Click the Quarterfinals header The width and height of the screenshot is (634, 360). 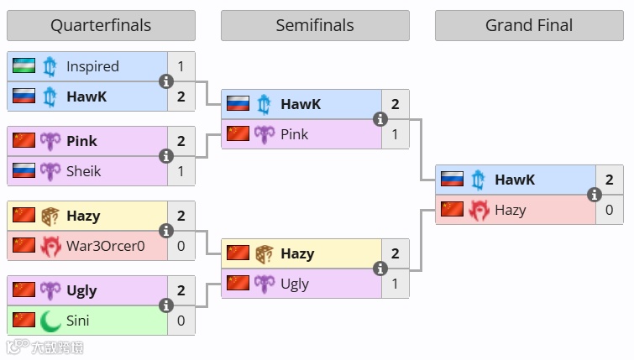point(101,25)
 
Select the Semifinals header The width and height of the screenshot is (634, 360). point(315,25)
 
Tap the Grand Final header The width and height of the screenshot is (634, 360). point(529,25)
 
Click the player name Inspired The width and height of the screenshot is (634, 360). point(92,66)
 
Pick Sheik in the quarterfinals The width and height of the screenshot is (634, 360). point(83,171)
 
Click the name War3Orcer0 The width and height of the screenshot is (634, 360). point(106,246)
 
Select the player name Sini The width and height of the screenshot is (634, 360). point(77,321)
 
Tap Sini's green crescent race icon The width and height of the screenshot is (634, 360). point(50,321)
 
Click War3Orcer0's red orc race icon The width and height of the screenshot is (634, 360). point(50,246)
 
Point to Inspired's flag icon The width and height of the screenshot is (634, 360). point(24,66)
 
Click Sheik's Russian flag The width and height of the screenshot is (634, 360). point(24,171)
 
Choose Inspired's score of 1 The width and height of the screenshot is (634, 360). point(181,66)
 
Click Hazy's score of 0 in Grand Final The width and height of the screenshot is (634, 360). point(610,210)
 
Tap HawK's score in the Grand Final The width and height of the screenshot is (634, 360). point(610,180)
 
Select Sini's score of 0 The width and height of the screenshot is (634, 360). point(181,321)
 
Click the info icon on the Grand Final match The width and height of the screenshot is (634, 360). point(595,195)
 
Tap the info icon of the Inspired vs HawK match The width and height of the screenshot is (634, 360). point(166,81)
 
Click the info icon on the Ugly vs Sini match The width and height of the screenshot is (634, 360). point(166,305)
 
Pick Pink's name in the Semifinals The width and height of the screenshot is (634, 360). point(294,134)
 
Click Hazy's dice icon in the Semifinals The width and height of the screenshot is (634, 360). point(265,253)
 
